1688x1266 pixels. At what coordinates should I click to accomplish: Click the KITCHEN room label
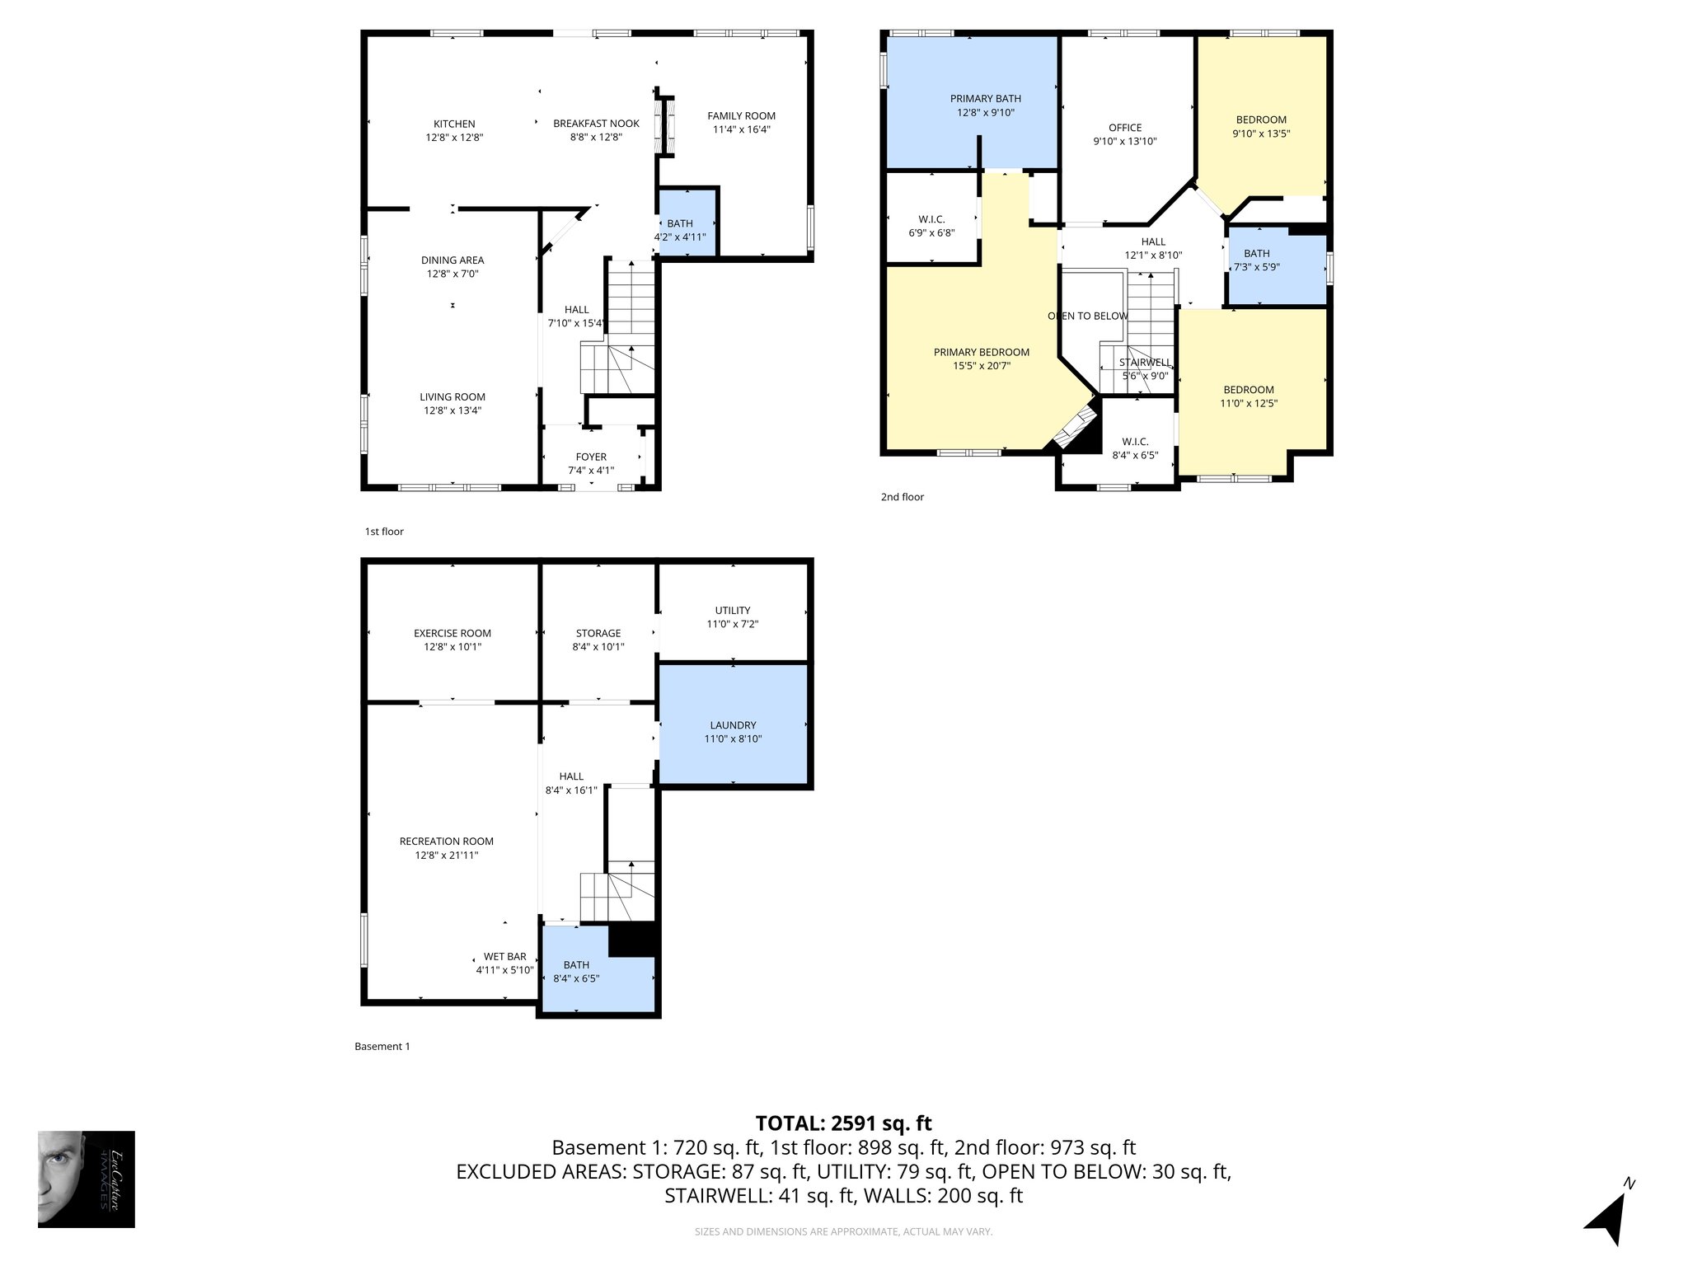454,124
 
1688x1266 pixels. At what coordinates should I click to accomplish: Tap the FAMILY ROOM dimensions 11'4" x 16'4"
741,129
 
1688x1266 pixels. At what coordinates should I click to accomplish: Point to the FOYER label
591,457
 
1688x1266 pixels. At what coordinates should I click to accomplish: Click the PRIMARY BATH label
985,99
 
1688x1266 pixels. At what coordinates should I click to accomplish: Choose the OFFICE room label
1125,128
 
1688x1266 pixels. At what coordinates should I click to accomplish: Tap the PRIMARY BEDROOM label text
981,352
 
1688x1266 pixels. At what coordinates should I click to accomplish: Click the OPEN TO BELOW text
1087,316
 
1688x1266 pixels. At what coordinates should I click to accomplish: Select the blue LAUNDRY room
733,725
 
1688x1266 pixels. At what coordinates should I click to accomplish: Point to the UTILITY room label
733,611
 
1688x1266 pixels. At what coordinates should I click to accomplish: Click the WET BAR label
504,957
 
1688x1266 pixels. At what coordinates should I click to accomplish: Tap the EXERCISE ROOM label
452,633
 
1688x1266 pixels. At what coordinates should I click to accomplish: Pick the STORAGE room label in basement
598,633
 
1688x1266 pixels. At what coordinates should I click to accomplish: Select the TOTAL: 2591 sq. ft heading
843,1123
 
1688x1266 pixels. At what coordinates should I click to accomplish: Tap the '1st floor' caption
384,532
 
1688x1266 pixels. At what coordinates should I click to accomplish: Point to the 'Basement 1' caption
382,1047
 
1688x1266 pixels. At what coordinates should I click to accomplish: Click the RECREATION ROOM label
446,842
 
